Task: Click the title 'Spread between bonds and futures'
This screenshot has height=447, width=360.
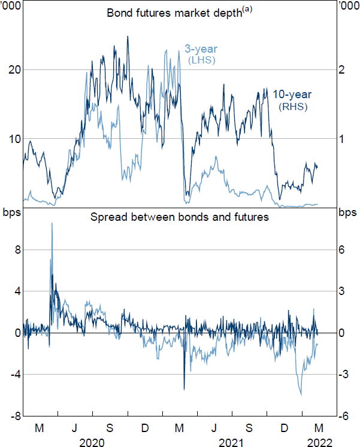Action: tap(179, 217)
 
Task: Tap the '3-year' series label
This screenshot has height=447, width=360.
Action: tap(200, 49)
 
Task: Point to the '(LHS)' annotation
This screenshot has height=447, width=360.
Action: tap(201, 60)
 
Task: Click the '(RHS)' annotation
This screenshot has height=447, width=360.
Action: tap(293, 107)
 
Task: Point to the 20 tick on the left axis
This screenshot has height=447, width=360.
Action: tap(12, 69)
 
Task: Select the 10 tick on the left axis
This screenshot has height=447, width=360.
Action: tap(12, 139)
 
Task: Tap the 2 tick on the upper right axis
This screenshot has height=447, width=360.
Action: tap(342, 69)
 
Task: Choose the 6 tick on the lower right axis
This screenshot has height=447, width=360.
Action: tap(342, 250)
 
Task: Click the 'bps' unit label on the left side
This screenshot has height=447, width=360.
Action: tap(12, 213)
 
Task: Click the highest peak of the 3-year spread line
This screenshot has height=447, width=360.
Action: tap(52, 223)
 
